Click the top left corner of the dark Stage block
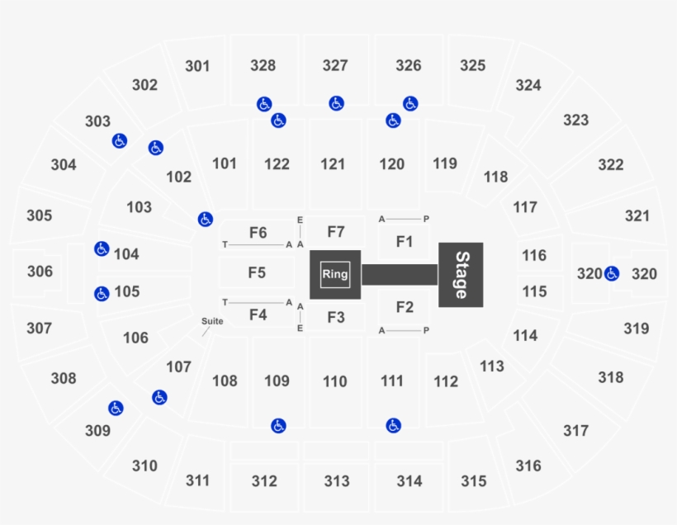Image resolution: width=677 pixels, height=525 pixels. coord(438,243)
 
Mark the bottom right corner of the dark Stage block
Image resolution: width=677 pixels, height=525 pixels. coord(484,307)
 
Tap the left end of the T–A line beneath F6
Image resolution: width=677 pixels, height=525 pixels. coord(229,245)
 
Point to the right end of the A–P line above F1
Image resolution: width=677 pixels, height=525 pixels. coord(420,219)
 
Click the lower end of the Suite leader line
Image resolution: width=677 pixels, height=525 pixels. coord(202,336)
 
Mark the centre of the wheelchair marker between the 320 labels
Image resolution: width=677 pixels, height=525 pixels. coord(612,273)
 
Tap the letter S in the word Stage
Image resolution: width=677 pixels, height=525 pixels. coord(462,258)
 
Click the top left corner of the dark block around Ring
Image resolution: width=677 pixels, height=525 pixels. coord(310,250)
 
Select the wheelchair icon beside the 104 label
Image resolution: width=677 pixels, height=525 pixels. coord(102,248)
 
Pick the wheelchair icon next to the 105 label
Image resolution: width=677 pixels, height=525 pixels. coord(102,294)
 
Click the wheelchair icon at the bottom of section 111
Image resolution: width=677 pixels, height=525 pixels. coord(393,426)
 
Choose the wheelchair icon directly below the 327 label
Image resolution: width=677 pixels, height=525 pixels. coord(336,103)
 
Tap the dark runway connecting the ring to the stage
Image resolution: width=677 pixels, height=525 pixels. coord(400,275)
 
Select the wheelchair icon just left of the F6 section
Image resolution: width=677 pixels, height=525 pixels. coord(205,220)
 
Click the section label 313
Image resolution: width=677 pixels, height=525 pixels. coord(337,481)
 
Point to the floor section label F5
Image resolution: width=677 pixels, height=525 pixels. coord(257,273)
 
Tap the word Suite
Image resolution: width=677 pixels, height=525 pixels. coord(212,321)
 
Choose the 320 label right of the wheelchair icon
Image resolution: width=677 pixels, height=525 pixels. coord(644,274)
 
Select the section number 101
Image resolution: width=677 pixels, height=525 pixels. coord(225,163)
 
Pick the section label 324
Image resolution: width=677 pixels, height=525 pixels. coord(528,85)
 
